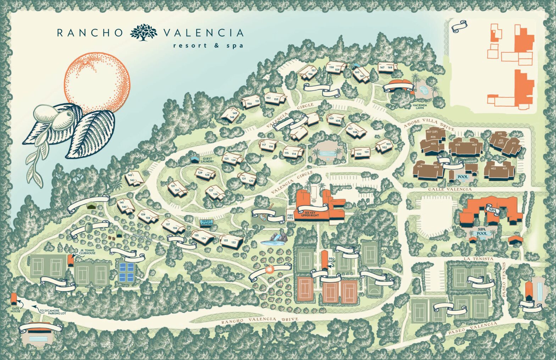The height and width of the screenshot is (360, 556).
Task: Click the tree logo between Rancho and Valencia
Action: (143, 32)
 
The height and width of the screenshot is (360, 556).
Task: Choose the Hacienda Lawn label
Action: (422, 107)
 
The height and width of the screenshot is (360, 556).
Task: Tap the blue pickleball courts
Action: (127, 272)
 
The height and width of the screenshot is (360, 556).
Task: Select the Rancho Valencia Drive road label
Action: (259, 321)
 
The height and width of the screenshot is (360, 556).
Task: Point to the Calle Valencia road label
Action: (450, 189)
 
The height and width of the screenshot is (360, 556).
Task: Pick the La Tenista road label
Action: (478, 259)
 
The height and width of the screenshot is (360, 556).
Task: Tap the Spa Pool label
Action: (482, 232)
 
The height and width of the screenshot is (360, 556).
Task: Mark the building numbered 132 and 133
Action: (231, 242)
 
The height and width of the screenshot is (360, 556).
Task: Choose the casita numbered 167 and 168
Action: (385, 67)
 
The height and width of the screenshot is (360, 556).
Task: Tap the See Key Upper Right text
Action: (307, 214)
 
